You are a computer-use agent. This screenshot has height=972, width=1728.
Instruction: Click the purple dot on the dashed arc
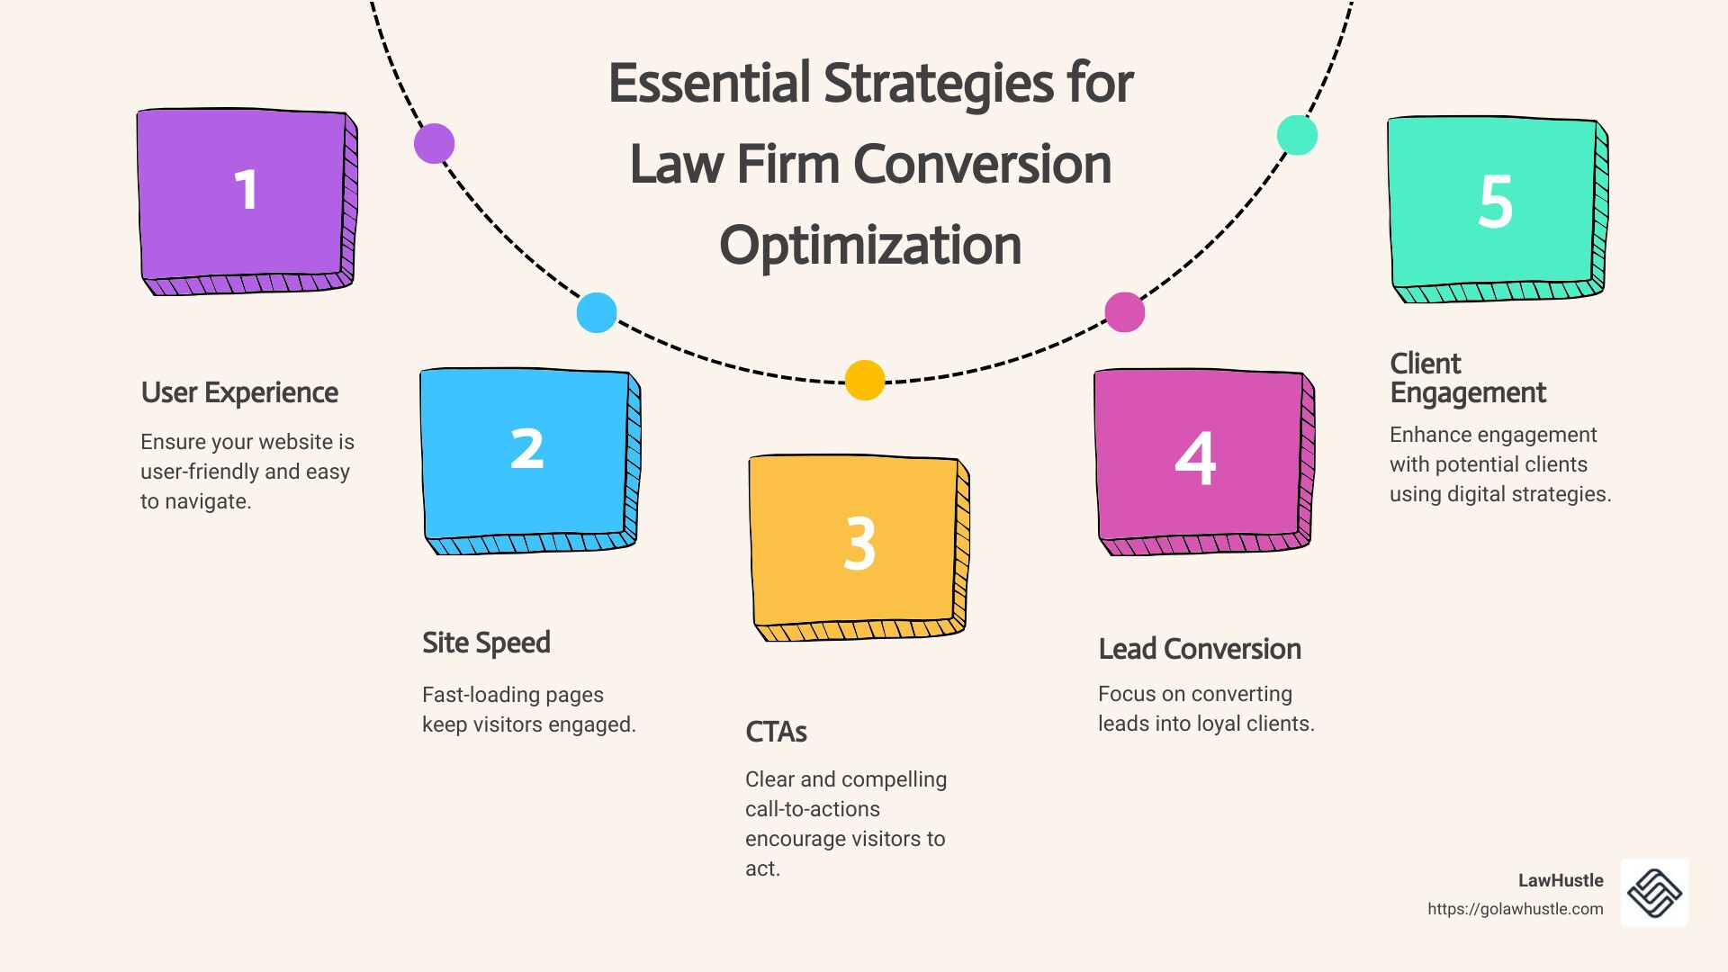coord(434,143)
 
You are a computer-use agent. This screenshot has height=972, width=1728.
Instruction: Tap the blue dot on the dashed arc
coord(597,312)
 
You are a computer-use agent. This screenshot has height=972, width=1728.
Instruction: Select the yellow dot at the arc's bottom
coord(865,380)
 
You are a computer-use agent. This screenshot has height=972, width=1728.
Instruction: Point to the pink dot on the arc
coord(1125,312)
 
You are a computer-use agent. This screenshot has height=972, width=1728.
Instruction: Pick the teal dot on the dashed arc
coord(1297,135)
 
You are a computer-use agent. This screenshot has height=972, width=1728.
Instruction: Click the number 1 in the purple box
coord(246,190)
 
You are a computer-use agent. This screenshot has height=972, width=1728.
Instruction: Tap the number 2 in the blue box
coord(527,449)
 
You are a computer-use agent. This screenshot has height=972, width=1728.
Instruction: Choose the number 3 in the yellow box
coord(859,544)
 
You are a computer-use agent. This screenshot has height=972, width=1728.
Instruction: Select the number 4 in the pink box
coord(1195,458)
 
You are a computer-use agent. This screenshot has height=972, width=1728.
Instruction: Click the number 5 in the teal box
coord(1495,201)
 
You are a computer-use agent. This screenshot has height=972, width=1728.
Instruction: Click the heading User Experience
coord(239,393)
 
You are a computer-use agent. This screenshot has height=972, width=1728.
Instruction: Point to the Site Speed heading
coord(486,643)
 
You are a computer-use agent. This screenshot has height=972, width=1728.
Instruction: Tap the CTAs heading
coord(776,732)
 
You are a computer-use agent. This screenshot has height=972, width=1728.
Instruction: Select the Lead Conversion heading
coord(1200,649)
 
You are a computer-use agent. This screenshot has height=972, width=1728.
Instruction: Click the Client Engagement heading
coord(1468,378)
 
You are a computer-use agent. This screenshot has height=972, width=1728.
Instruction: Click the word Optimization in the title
coord(870,245)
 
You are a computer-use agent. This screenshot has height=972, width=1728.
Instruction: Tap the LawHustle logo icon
coord(1654,892)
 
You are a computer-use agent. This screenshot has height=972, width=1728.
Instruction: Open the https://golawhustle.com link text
coord(1516,909)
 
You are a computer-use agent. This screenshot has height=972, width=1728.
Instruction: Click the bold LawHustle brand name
coord(1561,880)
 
